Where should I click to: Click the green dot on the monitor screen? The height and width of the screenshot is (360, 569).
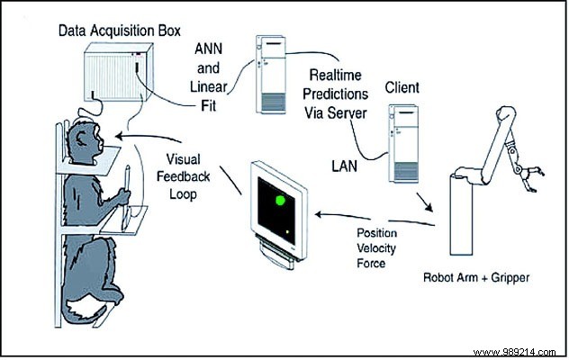pos(281,201)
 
